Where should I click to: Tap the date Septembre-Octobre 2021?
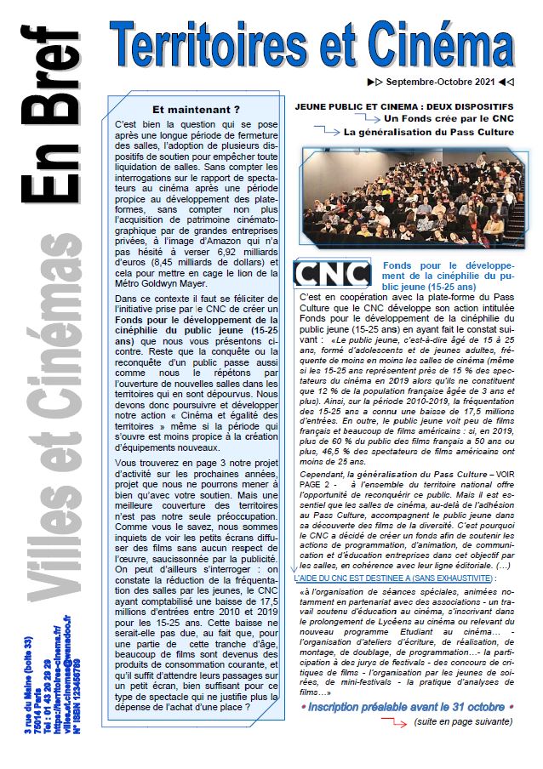[439, 82]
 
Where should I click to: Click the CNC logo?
[331, 274]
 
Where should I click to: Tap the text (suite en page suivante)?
[463, 721]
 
